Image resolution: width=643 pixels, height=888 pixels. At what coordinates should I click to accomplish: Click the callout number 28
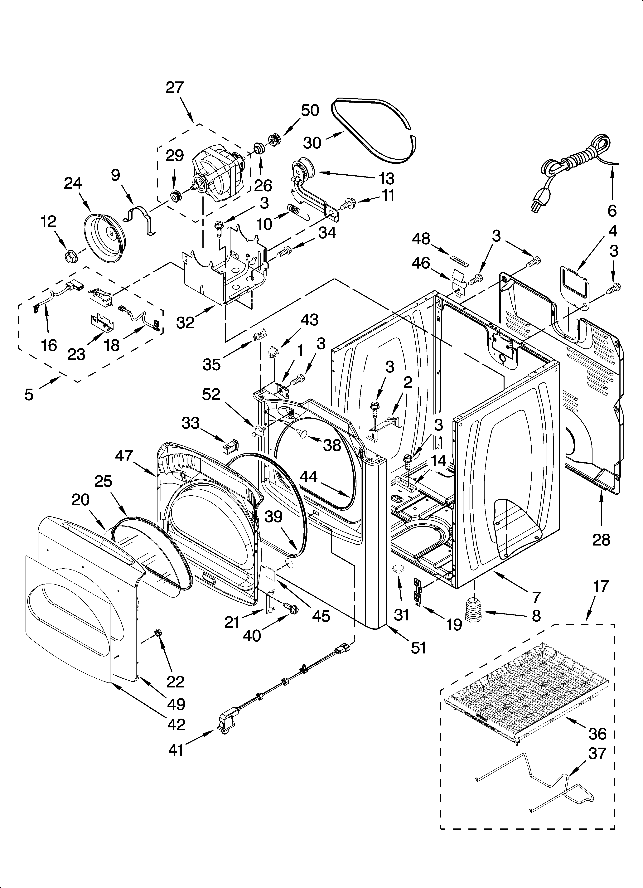(x=601, y=540)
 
